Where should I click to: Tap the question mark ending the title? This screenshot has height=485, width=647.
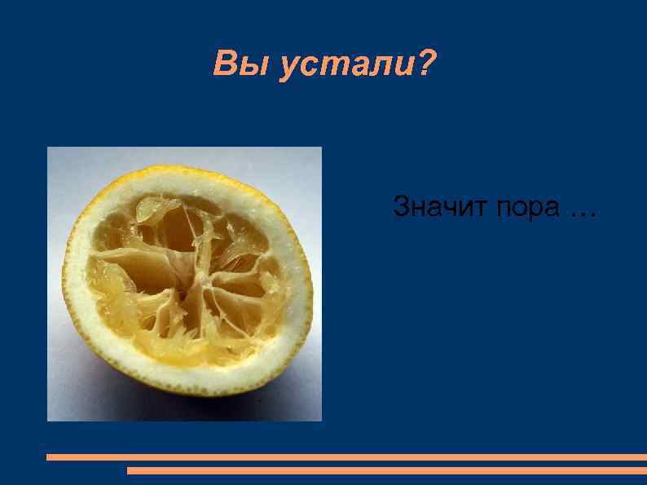[427, 63]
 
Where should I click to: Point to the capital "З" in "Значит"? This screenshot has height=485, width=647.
[401, 207]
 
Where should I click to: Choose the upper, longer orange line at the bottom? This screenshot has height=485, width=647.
[346, 457]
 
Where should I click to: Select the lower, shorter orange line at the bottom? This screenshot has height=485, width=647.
[387, 470]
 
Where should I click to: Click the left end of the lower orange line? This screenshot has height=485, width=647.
[130, 470]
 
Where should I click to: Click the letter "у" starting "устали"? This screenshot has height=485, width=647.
[289, 66]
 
